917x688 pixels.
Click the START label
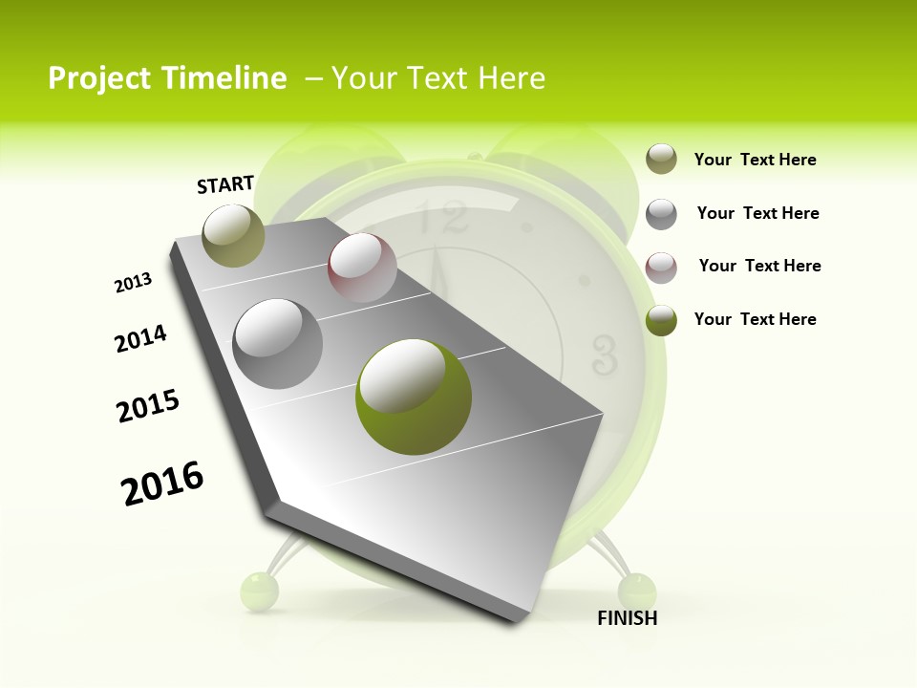coord(225,184)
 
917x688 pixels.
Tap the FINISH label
coord(628,618)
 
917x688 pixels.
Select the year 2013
coord(133,283)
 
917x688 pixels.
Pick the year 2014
coord(140,339)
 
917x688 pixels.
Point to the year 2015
coord(148,406)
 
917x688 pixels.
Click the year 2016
coord(162,483)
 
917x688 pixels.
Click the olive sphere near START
coord(233,235)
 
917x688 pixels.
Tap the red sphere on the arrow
coord(362,268)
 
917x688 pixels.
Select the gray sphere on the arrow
coord(278,343)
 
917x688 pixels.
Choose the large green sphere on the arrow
coord(413,396)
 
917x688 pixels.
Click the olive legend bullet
coord(661,160)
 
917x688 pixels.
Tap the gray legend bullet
coord(661,214)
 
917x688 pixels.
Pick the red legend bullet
coord(661,267)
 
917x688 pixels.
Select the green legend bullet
coord(661,320)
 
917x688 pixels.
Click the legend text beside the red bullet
coord(759,266)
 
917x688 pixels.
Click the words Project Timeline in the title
coord(167,78)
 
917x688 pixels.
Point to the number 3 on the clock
coord(604,354)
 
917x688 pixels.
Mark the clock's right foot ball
coord(637,590)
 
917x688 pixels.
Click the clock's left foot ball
coord(259,590)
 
